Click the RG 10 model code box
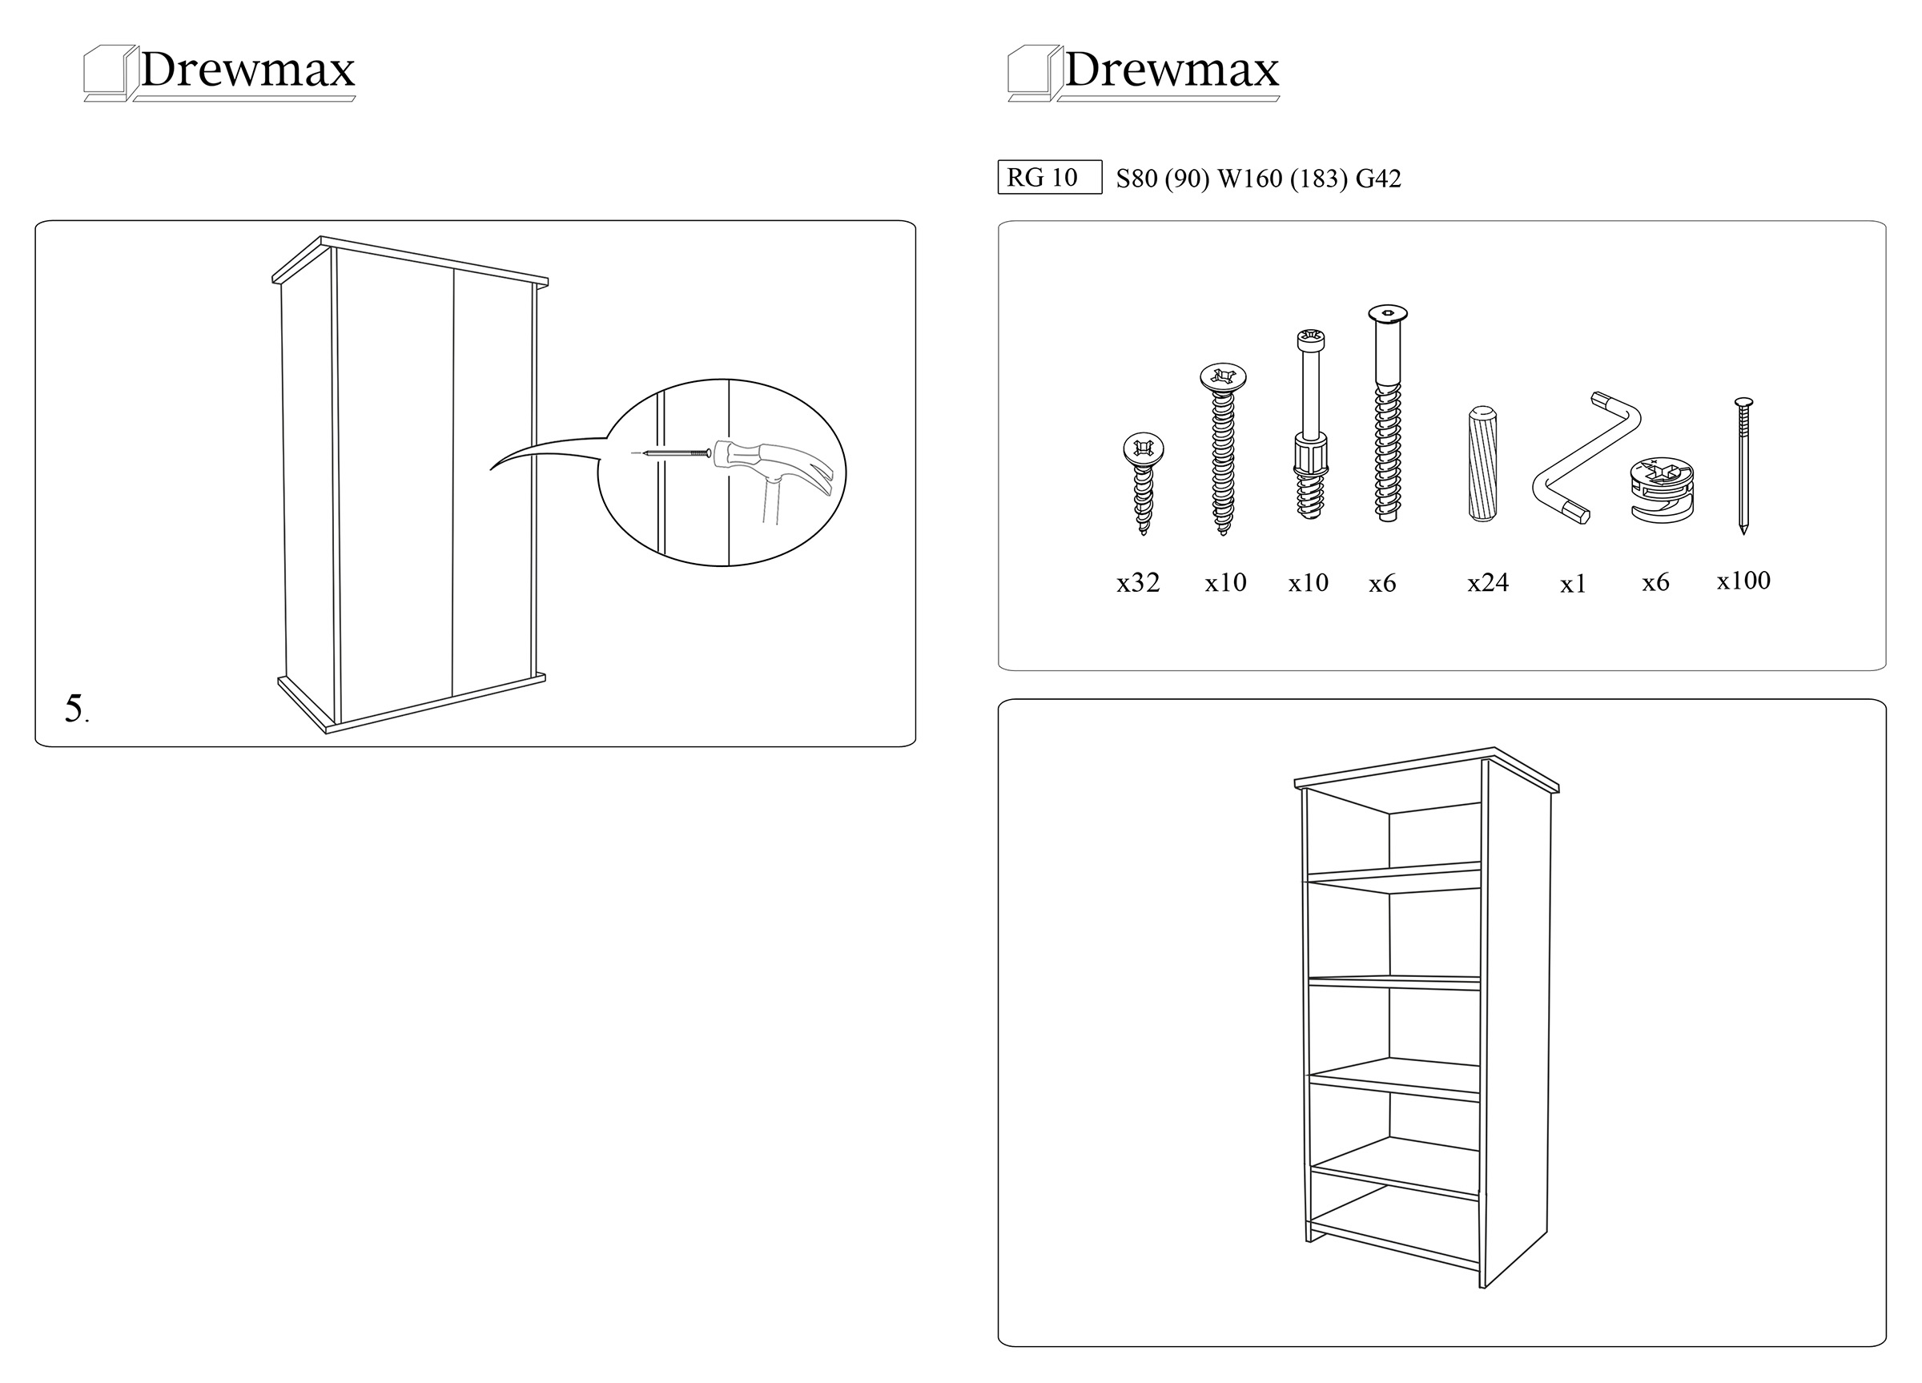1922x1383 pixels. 1049,177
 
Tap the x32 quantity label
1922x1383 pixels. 1137,583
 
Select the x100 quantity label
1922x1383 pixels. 1743,581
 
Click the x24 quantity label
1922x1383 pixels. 1488,583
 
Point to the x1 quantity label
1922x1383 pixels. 1573,584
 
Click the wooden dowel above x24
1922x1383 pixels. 1482,464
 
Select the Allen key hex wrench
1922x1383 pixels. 1586,457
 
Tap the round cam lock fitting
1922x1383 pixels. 1662,491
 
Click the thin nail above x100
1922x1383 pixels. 1743,465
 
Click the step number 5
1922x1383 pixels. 75,709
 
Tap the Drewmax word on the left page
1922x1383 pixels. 247,70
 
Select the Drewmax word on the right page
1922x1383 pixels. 1172,70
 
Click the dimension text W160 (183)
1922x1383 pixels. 1282,179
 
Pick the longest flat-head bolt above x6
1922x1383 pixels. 1386,412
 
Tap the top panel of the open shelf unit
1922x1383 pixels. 1426,770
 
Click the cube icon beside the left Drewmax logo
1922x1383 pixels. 111,73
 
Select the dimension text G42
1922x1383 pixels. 1379,179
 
